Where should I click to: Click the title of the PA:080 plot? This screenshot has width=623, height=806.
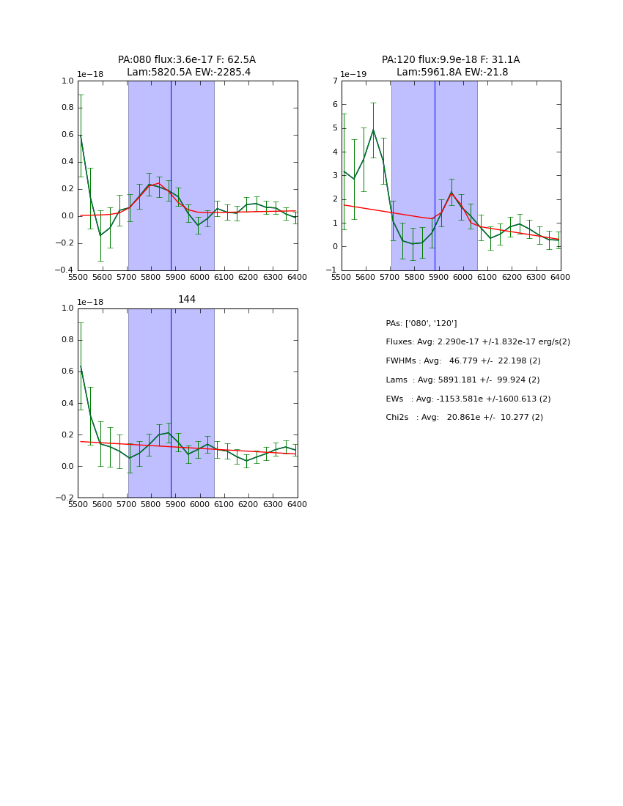coord(187,66)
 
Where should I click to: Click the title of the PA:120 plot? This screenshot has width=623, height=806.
coord(451,66)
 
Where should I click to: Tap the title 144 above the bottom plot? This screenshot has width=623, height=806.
coord(187,300)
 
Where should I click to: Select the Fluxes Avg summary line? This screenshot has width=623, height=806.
coord(477,342)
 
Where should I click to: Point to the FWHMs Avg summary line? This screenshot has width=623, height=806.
coord(463,361)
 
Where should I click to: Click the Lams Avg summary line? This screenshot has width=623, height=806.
coord(462,380)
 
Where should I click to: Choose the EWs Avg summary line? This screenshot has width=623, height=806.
coord(468,399)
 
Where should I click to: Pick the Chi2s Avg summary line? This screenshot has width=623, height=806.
coord(464,418)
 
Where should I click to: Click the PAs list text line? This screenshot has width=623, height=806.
coord(421,324)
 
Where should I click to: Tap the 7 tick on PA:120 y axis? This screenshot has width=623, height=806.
coord(334,81)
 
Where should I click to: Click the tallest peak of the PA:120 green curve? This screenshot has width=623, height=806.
coord(373,130)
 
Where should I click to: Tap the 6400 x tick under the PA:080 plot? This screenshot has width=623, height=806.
coord(297,277)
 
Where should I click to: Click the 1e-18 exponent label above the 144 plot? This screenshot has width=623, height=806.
coord(91,302)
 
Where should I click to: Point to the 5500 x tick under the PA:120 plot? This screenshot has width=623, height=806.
coord(342,277)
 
